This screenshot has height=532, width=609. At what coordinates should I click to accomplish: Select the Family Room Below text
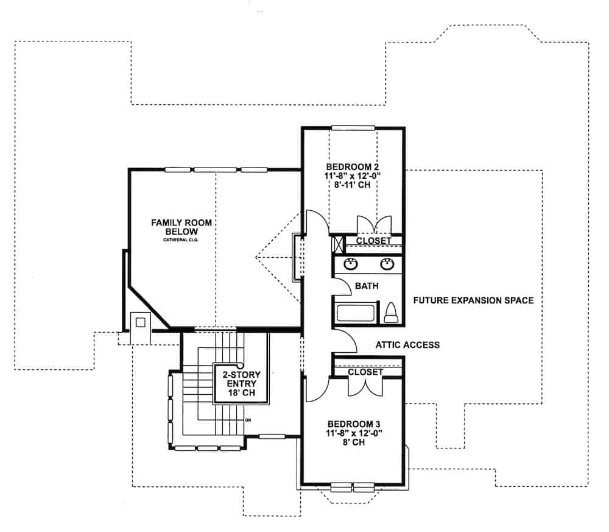[x=181, y=227]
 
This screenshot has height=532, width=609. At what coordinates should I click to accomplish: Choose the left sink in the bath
[x=351, y=264]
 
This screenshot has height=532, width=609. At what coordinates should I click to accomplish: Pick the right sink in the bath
[x=386, y=264]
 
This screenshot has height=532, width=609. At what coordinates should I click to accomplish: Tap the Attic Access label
[x=407, y=345]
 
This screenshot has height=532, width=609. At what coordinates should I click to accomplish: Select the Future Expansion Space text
[x=473, y=300]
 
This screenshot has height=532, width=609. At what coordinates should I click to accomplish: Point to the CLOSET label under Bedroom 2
[x=373, y=241]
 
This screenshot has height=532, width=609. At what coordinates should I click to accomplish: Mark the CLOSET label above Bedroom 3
[x=365, y=372]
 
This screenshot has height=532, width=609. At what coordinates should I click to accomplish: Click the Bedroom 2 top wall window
[x=353, y=127]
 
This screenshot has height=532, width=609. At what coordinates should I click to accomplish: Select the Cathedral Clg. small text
[x=181, y=240]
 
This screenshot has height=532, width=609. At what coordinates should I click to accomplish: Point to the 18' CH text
[x=238, y=394]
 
